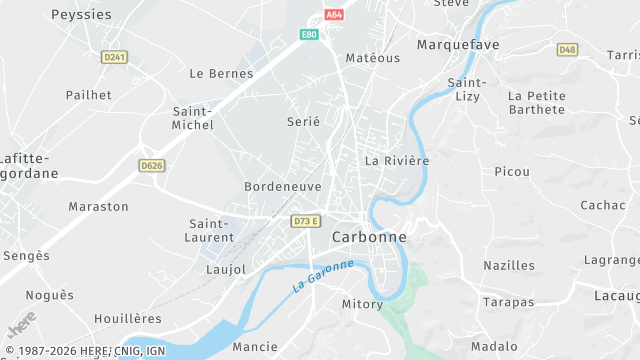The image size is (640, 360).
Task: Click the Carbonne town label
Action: pyautogui.click(x=369, y=237)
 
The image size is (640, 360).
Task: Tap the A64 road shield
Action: pyautogui.click(x=334, y=15)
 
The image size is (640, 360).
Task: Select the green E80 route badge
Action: pyautogui.click(x=309, y=35)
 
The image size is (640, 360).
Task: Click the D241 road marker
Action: pyautogui.click(x=115, y=58)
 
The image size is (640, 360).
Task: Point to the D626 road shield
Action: pyautogui.click(x=152, y=166)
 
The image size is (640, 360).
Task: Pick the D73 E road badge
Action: pyautogui.click(x=306, y=221)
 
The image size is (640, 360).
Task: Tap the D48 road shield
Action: pyautogui.click(x=568, y=49)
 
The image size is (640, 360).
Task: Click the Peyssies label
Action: pyautogui.click(x=81, y=15)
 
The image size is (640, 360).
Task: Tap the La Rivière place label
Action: pyautogui.click(x=397, y=160)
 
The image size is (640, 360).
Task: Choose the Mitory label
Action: pyautogui.click(x=362, y=304)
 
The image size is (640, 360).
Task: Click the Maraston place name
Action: pyautogui.click(x=98, y=206)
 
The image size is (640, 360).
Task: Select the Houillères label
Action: pyautogui.click(x=127, y=318)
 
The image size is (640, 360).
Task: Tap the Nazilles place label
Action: pyautogui.click(x=509, y=265)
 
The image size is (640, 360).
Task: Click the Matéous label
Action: pyautogui.click(x=372, y=58)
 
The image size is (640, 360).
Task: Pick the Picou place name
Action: pyautogui.click(x=512, y=172)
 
